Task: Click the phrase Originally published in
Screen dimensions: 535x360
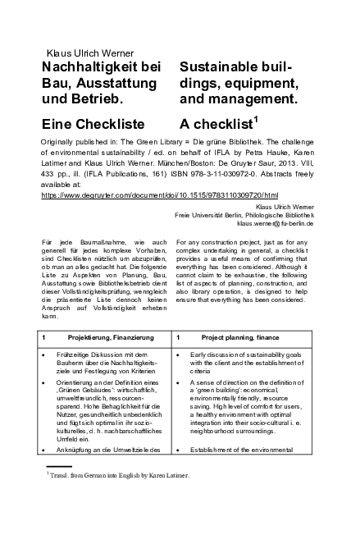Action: [80, 142]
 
